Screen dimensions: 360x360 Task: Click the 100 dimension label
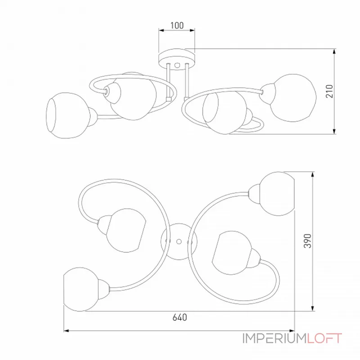point(177,25)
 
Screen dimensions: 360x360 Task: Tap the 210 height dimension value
point(329,91)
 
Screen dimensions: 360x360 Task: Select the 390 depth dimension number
point(308,241)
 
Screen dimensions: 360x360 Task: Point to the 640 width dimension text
point(180,317)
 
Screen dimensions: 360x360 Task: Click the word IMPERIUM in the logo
point(275,338)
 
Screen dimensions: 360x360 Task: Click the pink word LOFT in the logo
point(324,338)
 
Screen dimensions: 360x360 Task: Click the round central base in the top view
point(179,242)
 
